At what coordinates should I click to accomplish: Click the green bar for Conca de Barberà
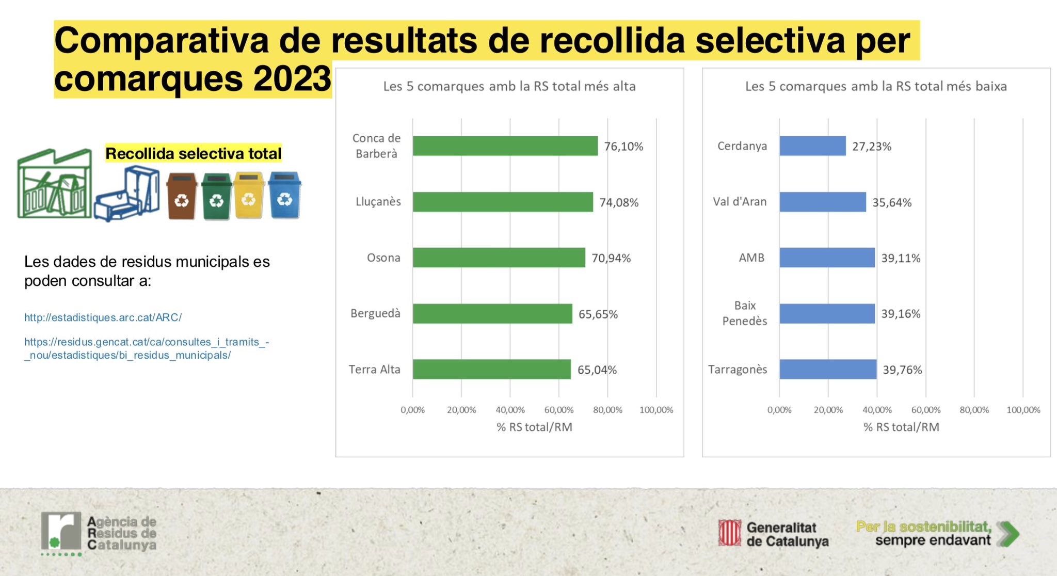click(x=505, y=146)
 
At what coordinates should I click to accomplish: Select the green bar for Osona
click(x=499, y=258)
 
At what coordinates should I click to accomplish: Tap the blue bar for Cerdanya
click(x=812, y=146)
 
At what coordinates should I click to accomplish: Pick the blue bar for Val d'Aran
click(x=822, y=202)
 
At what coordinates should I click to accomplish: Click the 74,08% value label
click(x=618, y=202)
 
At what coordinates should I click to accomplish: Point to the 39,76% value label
click(x=902, y=370)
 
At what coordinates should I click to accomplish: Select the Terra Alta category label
click(x=374, y=370)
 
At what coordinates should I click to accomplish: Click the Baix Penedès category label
click(x=744, y=313)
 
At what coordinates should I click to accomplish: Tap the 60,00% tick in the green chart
click(x=558, y=410)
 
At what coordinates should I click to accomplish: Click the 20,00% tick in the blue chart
click(x=828, y=410)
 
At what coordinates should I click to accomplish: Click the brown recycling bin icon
click(x=181, y=196)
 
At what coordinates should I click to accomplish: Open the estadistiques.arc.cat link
click(x=103, y=317)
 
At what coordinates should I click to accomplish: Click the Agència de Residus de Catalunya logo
click(x=98, y=533)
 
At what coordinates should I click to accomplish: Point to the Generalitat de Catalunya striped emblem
click(x=729, y=533)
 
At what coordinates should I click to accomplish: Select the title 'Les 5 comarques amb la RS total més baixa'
click(x=875, y=86)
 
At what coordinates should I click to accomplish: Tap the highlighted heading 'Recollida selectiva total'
click(x=193, y=153)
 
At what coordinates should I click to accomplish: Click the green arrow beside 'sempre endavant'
click(x=1008, y=534)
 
